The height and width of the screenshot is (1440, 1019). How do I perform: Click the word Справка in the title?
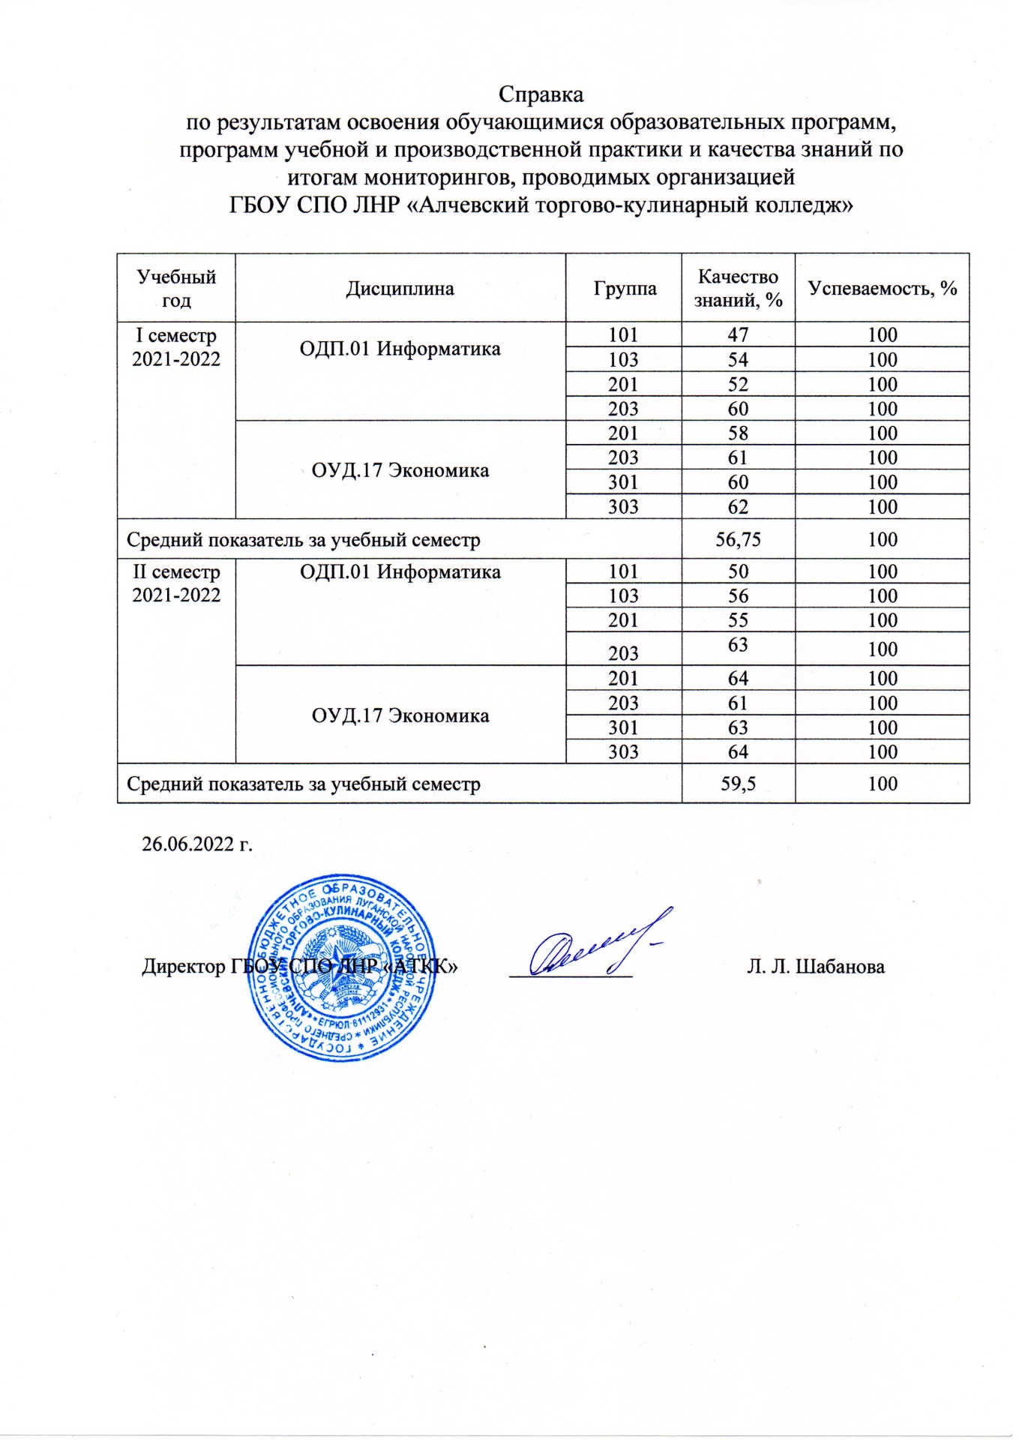point(541,94)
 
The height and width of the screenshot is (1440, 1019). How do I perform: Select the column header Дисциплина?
point(400,289)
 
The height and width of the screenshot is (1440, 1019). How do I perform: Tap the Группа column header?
point(625,289)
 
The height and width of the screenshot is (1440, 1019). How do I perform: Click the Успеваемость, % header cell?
point(883,288)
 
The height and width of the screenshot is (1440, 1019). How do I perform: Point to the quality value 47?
point(738,334)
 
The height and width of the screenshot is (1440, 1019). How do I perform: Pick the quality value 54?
point(738,359)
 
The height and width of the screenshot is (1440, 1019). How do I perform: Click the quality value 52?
point(738,384)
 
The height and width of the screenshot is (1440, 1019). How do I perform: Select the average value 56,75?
point(738,539)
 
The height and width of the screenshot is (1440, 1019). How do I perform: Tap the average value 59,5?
point(738,784)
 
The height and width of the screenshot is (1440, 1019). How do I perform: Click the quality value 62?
point(738,506)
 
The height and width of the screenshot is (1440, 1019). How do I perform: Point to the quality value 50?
point(738,571)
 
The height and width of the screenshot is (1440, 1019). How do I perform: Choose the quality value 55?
point(738,620)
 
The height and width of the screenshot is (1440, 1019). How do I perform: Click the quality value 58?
point(738,433)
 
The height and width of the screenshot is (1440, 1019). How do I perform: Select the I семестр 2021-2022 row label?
point(176,347)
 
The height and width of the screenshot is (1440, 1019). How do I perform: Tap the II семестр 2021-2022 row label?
point(176,583)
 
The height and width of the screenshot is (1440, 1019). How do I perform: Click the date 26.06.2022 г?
point(197,844)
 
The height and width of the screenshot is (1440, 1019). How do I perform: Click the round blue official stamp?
point(342,966)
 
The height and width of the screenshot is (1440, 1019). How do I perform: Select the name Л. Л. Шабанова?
point(815,966)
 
